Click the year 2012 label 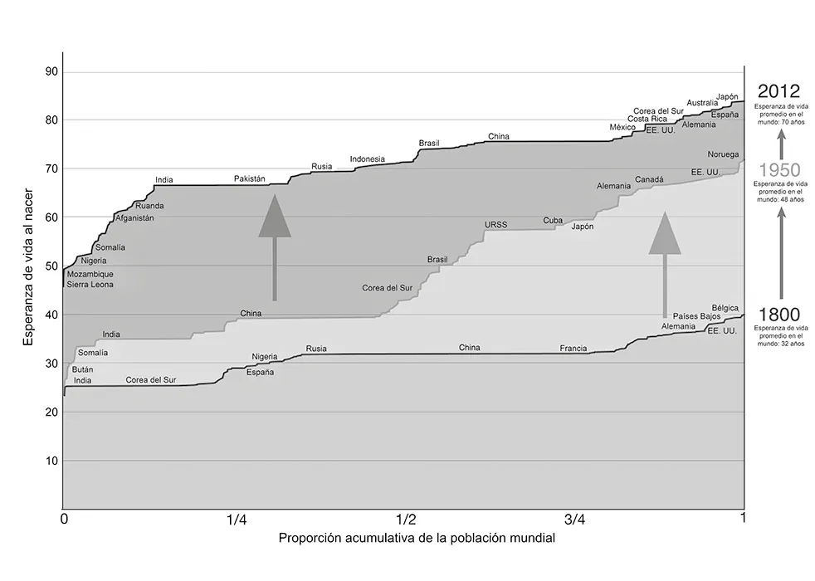pyautogui.click(x=778, y=90)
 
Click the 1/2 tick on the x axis pyautogui.click(x=406, y=520)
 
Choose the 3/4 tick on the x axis pyautogui.click(x=574, y=520)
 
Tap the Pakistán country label pyautogui.click(x=249, y=178)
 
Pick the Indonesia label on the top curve pyautogui.click(x=367, y=159)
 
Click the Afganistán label pyautogui.click(x=134, y=218)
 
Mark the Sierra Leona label pyautogui.click(x=90, y=285)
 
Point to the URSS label pyautogui.click(x=495, y=225)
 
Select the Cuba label pyautogui.click(x=553, y=221)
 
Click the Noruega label pyautogui.click(x=722, y=155)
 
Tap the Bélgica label pyautogui.click(x=725, y=308)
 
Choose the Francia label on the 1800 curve pyautogui.click(x=573, y=349)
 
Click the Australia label pyautogui.click(x=703, y=103)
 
